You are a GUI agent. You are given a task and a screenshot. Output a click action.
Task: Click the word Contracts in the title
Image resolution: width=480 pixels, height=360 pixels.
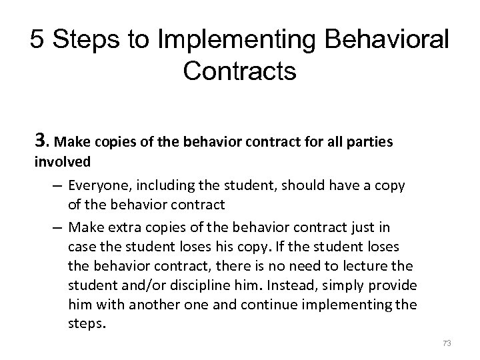click(x=239, y=71)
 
